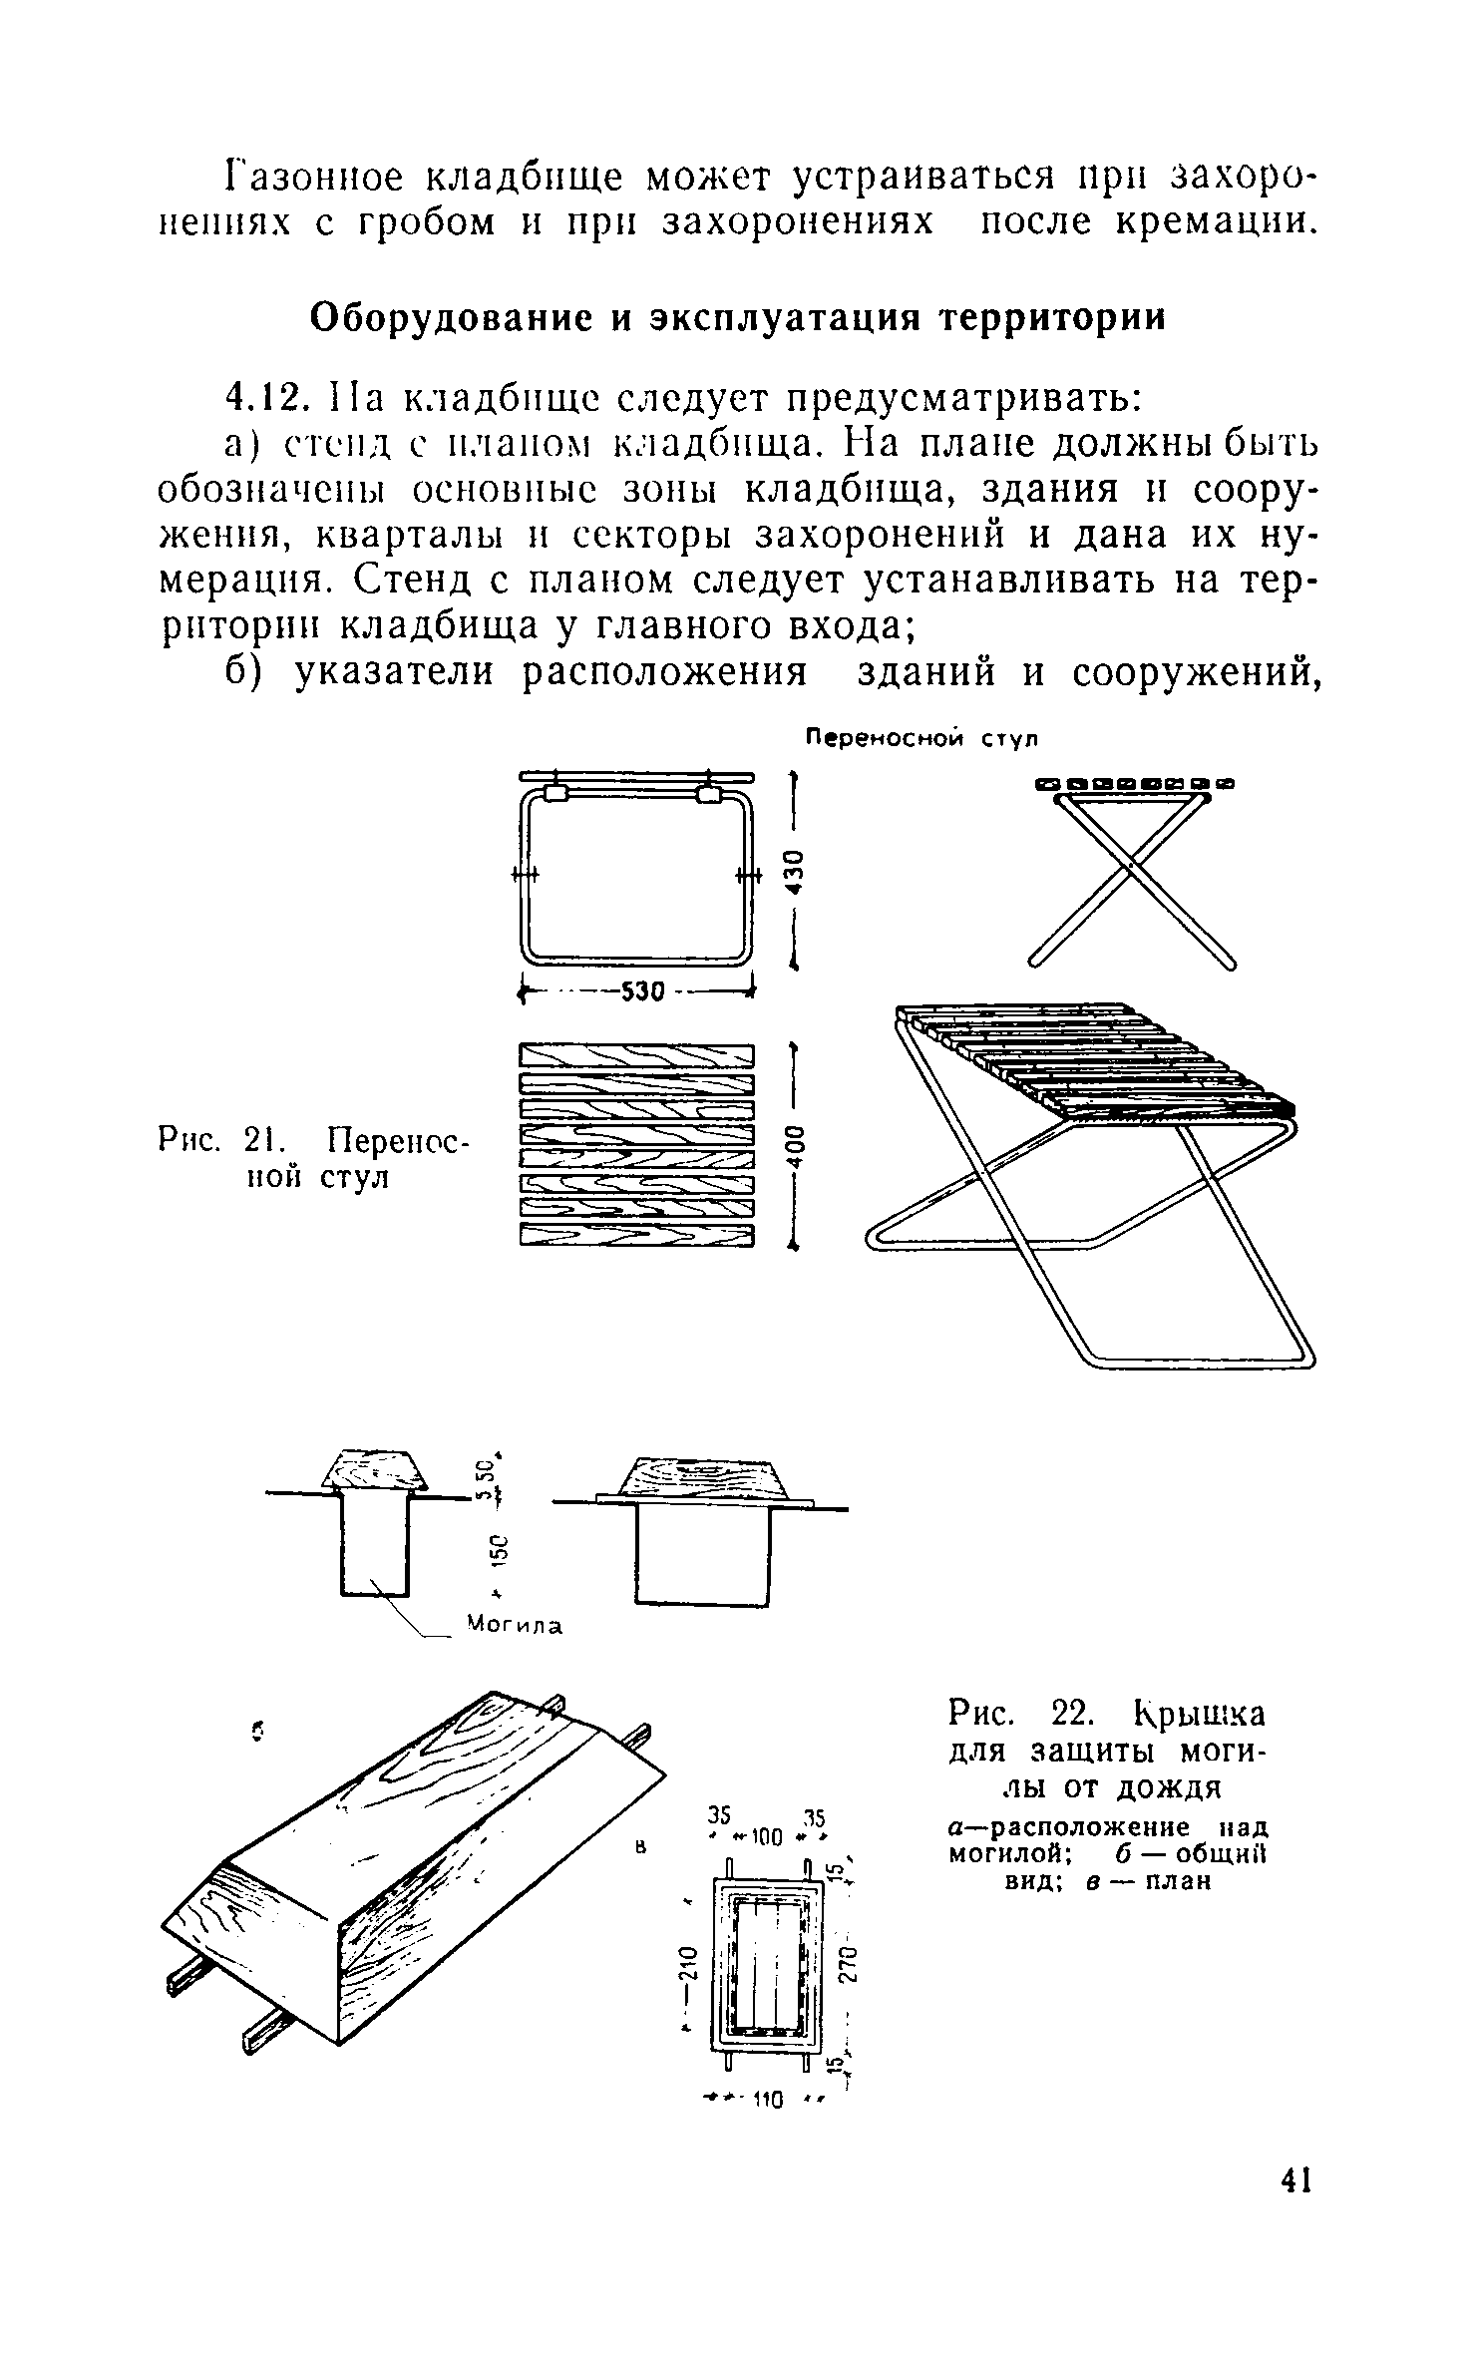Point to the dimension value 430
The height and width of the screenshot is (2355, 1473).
click(795, 871)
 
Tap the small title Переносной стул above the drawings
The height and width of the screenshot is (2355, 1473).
click(921, 739)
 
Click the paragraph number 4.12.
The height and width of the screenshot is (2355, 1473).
click(262, 399)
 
